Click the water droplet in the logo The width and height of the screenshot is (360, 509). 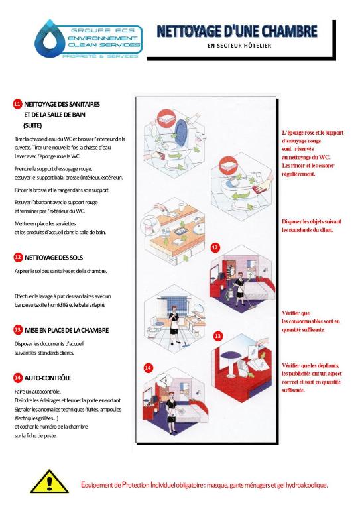click(50, 38)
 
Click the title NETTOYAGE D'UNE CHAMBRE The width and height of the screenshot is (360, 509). click(237, 32)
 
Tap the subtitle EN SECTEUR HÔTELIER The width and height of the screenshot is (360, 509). click(239, 46)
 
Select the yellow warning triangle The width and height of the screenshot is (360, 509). click(49, 482)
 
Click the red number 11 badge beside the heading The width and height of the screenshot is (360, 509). click(17, 104)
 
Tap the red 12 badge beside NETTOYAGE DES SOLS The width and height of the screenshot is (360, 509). click(18, 257)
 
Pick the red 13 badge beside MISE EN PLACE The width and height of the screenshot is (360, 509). click(18, 330)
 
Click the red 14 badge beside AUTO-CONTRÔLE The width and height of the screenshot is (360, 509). click(18, 378)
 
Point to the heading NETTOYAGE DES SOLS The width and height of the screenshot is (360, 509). click(54, 258)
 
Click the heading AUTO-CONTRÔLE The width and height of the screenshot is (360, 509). click(48, 378)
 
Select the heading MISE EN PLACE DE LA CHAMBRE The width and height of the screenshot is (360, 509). click(66, 330)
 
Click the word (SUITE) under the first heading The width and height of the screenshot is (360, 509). click(32, 125)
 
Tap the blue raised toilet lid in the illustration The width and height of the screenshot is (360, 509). click(180, 133)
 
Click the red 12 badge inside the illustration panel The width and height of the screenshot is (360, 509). click(215, 247)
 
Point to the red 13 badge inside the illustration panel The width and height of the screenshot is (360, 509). click(218, 336)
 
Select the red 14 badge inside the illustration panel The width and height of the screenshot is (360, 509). click(148, 368)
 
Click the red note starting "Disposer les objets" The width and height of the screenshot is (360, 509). click(312, 225)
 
